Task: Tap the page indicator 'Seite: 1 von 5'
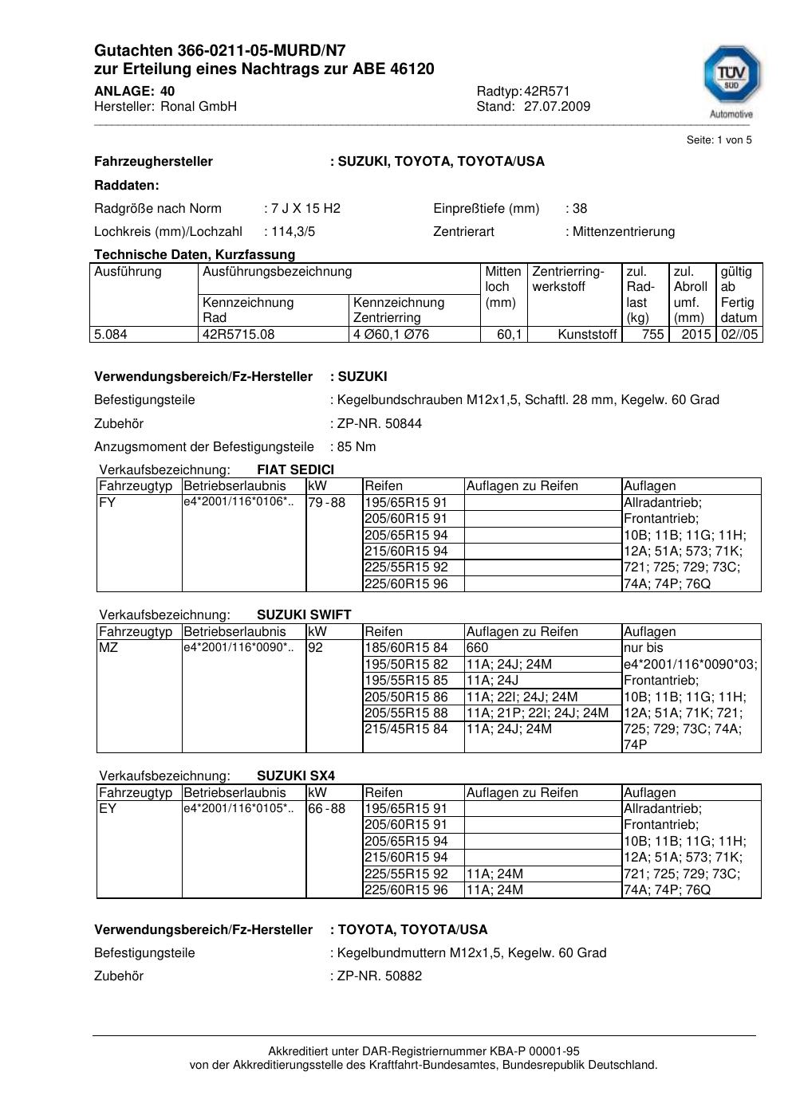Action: point(719,140)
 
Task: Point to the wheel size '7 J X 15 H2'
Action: point(305,209)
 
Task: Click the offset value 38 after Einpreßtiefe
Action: point(580,209)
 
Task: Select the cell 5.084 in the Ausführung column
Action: point(111,335)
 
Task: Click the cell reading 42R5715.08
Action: point(238,335)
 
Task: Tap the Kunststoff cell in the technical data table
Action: point(587,335)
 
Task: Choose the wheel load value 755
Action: point(652,335)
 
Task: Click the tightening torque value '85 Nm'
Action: point(357,447)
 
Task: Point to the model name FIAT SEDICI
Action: point(295,470)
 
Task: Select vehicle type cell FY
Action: point(108,503)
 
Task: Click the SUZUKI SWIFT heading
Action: point(304,615)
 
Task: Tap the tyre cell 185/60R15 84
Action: point(406,648)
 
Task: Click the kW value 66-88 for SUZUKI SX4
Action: point(326,809)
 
